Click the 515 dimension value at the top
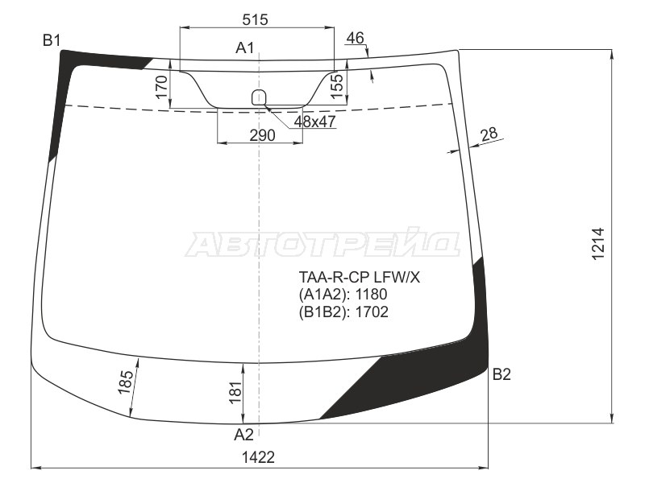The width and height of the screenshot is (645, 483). click(x=255, y=19)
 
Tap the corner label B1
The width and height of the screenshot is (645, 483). click(x=52, y=40)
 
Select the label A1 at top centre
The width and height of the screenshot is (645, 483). click(x=245, y=48)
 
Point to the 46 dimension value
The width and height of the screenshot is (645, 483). click(x=356, y=38)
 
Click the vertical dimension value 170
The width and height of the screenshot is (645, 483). click(x=161, y=88)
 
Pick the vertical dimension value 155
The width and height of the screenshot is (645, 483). click(x=336, y=86)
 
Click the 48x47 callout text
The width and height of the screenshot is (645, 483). click(x=314, y=122)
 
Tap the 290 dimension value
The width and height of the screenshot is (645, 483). click(x=262, y=134)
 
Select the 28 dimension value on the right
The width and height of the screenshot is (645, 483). click(x=489, y=134)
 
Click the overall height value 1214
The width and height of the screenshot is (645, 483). click(x=598, y=243)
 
